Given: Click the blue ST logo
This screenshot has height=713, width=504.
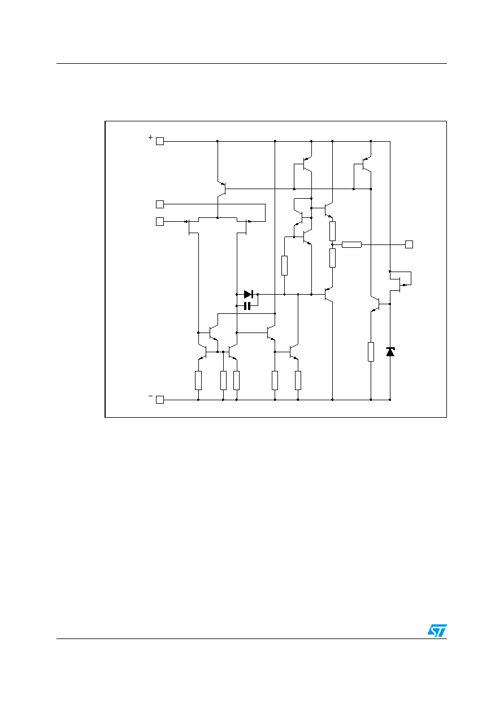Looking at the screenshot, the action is coord(437,630).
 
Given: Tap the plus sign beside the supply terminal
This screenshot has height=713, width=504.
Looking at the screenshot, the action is coord(150,137).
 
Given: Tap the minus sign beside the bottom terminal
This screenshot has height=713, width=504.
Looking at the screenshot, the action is coord(150,396).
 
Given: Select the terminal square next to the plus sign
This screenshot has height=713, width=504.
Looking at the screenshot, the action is coord(159,141).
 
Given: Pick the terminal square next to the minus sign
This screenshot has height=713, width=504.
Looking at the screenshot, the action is coord(159,400).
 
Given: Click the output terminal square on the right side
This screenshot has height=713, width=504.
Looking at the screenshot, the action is coord(409,244).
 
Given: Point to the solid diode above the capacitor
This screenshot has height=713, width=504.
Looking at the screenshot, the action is coord(249,295).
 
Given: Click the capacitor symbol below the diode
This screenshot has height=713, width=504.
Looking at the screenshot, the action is coord(247,306).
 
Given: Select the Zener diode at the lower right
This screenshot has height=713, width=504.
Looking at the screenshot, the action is coord(390,352).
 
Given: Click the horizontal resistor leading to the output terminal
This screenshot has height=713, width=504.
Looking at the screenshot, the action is coord(351,244).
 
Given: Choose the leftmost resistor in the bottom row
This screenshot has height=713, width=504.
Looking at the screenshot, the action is coord(198,380).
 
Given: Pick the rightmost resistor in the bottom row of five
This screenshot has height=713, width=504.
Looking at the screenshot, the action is coord(298,380).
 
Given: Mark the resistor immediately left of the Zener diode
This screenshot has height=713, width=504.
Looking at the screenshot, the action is coord(371,352).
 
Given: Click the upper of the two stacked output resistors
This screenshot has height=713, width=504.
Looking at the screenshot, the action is coord(332,231).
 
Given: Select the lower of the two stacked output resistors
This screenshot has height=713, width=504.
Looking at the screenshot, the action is coord(332,258).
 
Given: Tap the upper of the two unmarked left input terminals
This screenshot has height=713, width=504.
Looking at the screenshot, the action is coord(159,204).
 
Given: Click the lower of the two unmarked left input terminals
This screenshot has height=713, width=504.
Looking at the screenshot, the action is coord(159,221).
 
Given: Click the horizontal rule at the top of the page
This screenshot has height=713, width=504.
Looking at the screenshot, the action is coord(251,64).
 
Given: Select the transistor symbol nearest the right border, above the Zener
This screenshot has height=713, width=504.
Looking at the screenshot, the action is coord(401,281).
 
